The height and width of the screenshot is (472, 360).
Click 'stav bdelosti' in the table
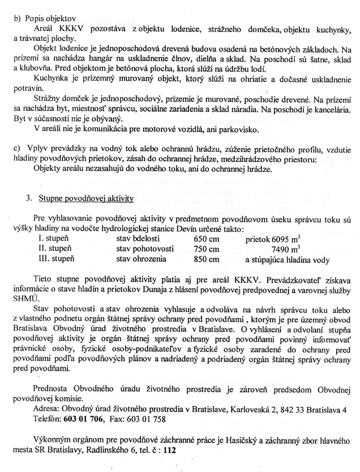135,239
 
